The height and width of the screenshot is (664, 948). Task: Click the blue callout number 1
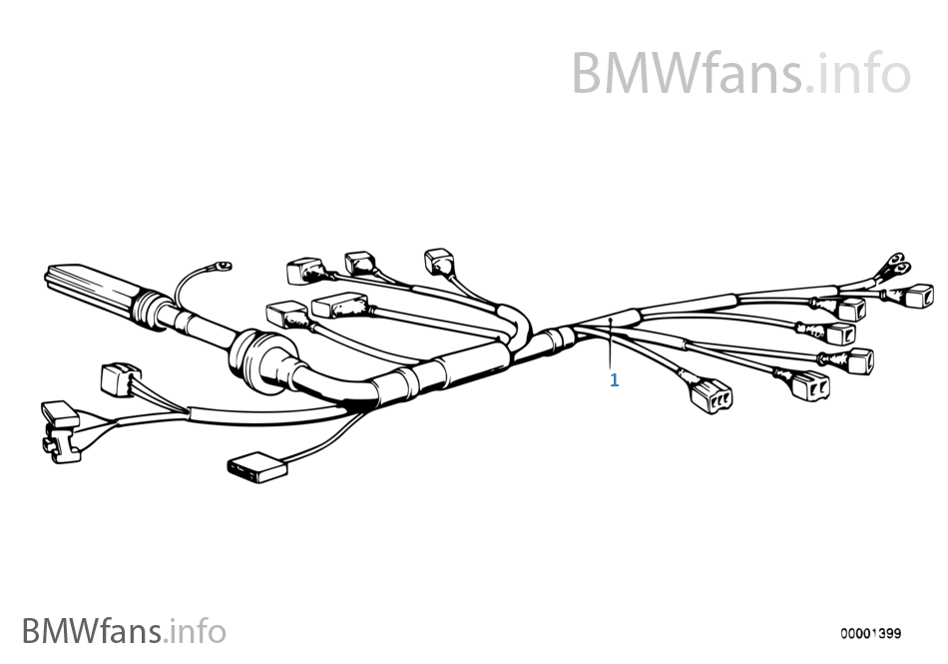[615, 380]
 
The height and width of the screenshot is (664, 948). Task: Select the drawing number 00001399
[870, 633]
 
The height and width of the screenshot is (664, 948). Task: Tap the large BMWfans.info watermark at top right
[740, 73]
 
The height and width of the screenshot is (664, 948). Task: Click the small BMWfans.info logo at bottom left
[124, 631]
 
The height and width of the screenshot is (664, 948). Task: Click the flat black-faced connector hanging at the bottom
[257, 467]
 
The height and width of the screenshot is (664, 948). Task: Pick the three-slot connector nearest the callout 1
[711, 395]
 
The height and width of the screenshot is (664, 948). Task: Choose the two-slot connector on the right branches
[810, 385]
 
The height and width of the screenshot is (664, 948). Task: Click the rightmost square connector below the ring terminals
[919, 296]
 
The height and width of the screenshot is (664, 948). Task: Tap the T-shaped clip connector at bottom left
[59, 431]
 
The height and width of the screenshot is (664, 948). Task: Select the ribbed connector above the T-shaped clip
[121, 379]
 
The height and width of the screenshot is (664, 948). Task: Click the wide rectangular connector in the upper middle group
[339, 305]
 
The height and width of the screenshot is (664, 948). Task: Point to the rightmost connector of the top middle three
[439, 262]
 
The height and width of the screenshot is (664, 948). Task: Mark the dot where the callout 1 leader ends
[611, 319]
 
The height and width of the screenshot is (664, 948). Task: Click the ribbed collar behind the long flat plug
[149, 311]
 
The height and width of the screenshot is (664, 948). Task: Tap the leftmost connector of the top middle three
[304, 271]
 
